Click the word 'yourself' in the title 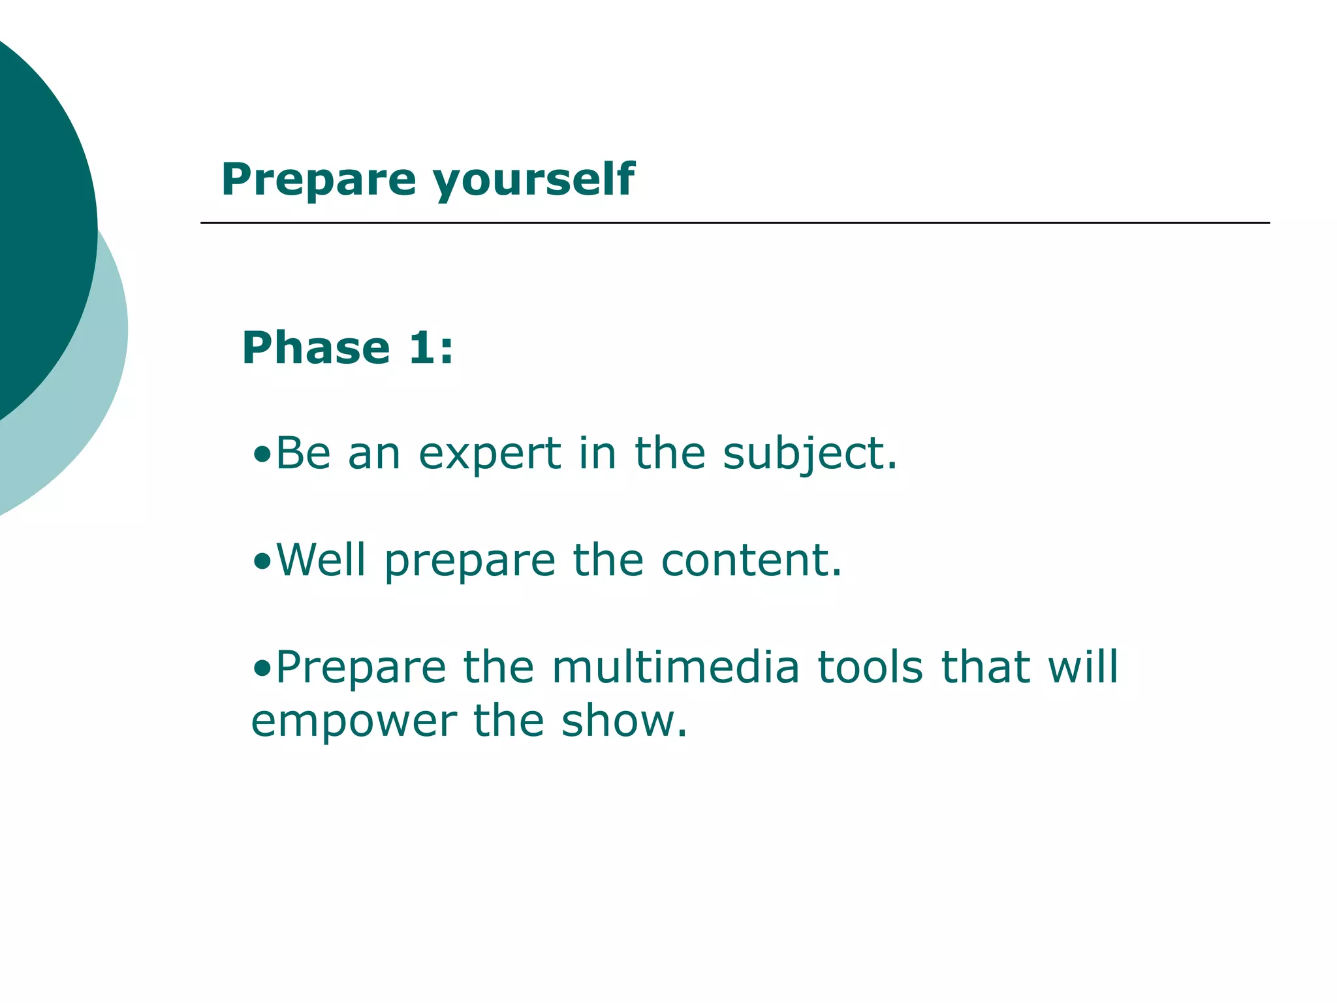(x=533, y=180)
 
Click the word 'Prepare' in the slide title (x=319, y=180)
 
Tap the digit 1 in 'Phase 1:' (x=420, y=347)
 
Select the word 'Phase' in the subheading (x=316, y=347)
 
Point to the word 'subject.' (x=810, y=453)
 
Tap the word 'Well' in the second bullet (x=321, y=560)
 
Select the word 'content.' (x=751, y=560)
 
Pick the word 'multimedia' (x=675, y=667)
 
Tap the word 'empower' (x=353, y=722)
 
